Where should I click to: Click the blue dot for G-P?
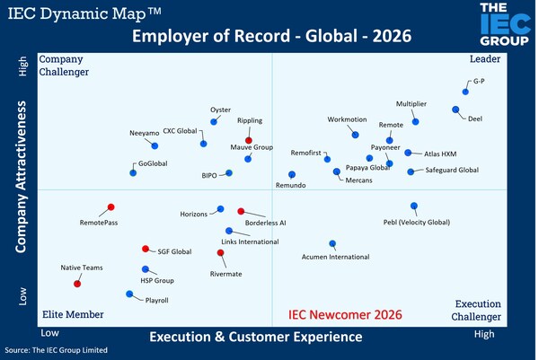465,92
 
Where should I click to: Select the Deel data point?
455,110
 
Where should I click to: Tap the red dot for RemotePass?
110,207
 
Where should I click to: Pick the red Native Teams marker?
77,284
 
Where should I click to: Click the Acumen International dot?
332,243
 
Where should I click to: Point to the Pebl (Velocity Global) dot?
414,206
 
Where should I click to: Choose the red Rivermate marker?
222,252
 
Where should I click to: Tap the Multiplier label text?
411,104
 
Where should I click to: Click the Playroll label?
157,300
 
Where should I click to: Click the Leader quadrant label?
484,59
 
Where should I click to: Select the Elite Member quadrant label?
73,314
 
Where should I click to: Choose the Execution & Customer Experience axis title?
256,337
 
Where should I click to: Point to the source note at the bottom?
56,350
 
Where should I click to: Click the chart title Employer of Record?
269,38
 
